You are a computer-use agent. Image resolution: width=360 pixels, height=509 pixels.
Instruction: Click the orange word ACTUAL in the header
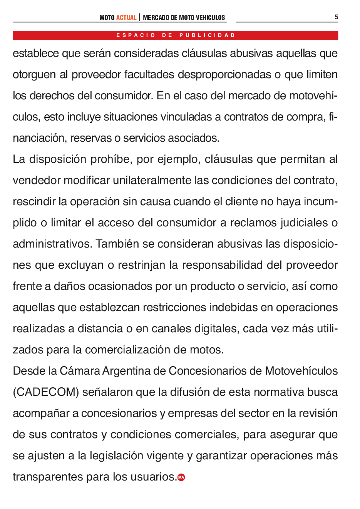126,18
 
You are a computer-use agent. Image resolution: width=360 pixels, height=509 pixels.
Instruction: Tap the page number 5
336,17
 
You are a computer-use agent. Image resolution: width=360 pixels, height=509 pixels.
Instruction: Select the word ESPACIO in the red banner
136,35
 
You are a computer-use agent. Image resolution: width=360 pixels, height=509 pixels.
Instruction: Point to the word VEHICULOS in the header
210,18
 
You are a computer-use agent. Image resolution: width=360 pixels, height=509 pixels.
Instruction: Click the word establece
36,54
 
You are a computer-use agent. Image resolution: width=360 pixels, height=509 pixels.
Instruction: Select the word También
117,244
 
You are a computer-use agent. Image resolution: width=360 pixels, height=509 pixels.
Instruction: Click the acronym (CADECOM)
46,392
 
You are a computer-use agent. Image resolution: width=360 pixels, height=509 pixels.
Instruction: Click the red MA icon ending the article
181,477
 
